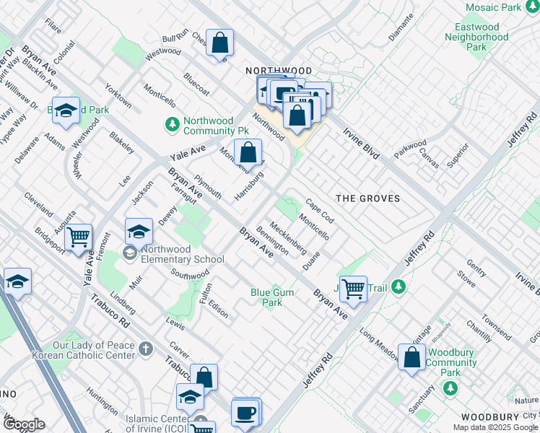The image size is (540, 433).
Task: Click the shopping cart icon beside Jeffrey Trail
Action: click(x=353, y=289)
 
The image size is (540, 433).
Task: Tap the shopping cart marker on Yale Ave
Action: click(x=78, y=236)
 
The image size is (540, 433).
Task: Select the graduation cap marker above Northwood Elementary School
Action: click(x=139, y=232)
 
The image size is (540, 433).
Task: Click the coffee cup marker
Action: click(x=246, y=412)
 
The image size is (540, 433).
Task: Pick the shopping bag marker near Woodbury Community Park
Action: click(x=411, y=358)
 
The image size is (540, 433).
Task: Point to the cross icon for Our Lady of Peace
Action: click(x=146, y=350)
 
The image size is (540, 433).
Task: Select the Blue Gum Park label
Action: click(x=266, y=297)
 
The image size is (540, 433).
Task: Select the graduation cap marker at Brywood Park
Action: click(x=66, y=110)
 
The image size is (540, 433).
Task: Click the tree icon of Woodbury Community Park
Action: click(x=450, y=389)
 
